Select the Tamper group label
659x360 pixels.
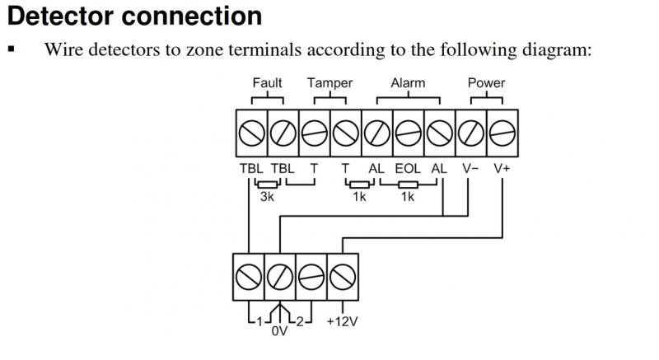329,82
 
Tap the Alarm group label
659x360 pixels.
408,82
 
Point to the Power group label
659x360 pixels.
486,82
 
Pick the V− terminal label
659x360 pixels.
470,168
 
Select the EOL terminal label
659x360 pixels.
408,168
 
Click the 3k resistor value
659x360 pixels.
267,198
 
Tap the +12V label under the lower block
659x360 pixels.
342,321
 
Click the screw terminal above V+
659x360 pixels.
502,131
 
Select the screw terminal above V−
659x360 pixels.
470,131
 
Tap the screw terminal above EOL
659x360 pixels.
408,131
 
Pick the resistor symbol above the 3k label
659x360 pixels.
266,184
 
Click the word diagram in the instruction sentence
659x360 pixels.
559,49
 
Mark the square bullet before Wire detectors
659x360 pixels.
12,49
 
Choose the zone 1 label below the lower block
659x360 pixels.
257,320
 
